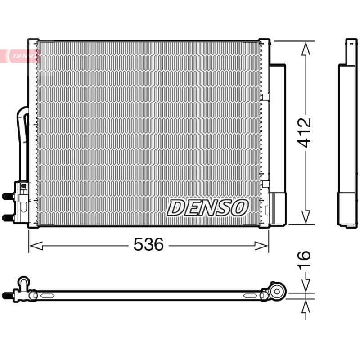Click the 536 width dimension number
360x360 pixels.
click(x=148, y=244)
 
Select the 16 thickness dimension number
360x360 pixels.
click(x=304, y=259)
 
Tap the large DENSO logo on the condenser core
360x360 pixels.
click(x=208, y=207)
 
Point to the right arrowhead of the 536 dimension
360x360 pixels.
click(x=261, y=246)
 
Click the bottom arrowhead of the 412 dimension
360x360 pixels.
click(x=306, y=217)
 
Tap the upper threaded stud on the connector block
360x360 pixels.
click(x=8, y=197)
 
